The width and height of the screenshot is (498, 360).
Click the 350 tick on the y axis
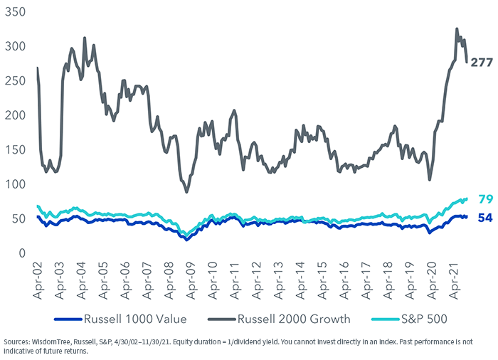click(14, 13)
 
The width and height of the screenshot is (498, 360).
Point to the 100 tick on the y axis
click(14, 184)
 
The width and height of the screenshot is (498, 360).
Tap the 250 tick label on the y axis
click(14, 81)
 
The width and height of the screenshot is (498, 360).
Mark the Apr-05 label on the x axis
click(104, 279)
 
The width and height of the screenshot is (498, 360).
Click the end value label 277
click(482, 63)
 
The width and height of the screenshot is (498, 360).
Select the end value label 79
click(485, 198)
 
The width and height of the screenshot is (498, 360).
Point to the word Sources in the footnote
click(18, 342)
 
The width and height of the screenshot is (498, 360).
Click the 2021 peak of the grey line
click(456, 29)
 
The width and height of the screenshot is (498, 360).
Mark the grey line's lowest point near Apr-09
click(186, 191)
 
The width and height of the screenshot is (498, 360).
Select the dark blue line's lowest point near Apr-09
click(186, 240)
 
